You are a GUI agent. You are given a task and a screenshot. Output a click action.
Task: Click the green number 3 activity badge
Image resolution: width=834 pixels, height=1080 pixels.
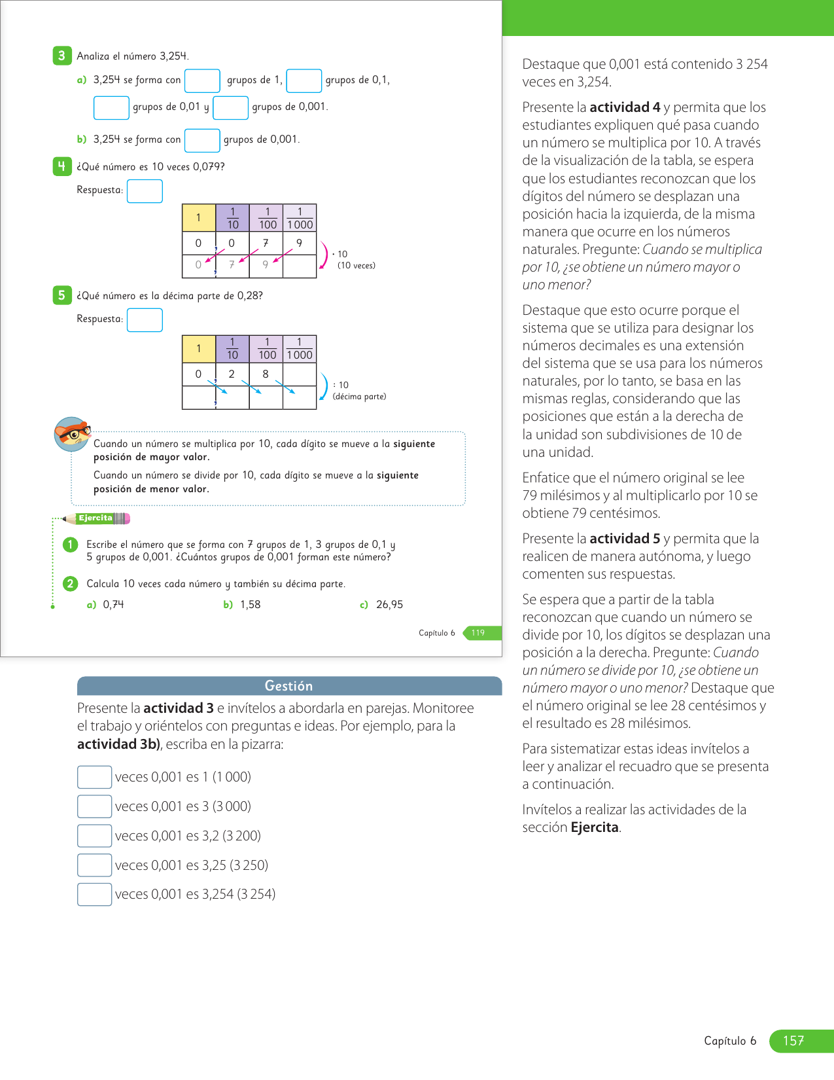click(x=61, y=56)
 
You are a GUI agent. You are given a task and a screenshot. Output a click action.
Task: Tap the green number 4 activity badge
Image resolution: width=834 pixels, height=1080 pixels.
click(x=61, y=166)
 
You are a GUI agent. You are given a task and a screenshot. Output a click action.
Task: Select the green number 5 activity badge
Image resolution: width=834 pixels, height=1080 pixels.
click(x=61, y=295)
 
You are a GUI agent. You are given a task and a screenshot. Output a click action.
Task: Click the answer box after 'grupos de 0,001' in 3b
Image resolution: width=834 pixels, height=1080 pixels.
click(x=202, y=140)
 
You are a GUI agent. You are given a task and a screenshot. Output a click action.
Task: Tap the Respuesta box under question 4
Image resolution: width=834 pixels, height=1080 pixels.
click(x=145, y=191)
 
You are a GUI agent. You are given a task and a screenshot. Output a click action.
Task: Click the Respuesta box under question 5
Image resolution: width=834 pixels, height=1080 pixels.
click(x=145, y=320)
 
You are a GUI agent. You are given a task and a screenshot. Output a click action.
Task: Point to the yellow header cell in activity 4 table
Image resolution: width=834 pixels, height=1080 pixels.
click(x=199, y=218)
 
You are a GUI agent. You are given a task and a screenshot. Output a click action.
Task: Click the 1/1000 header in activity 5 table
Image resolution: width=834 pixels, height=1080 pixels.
click(x=300, y=349)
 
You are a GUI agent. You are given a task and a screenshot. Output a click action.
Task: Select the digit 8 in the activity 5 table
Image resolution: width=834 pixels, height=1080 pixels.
click(x=266, y=374)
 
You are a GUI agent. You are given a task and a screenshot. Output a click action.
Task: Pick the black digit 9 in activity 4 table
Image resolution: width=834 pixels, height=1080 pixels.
click(x=300, y=243)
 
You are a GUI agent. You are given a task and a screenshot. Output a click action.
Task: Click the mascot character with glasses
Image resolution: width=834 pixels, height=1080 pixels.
click(x=72, y=434)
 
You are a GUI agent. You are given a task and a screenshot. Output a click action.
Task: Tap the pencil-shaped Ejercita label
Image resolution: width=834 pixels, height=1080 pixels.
click(x=97, y=518)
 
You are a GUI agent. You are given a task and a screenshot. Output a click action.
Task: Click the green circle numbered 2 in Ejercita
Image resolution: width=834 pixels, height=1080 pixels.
click(x=70, y=583)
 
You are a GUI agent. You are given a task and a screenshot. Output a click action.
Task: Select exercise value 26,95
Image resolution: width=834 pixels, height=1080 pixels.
click(x=389, y=605)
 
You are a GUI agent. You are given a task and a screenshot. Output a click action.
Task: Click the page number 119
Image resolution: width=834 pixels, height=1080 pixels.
click(x=478, y=633)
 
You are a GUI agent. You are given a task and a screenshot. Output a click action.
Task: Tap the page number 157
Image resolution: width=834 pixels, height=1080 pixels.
click(x=793, y=1041)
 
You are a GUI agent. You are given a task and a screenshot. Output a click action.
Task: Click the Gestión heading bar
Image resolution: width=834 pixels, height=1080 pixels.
click(x=289, y=685)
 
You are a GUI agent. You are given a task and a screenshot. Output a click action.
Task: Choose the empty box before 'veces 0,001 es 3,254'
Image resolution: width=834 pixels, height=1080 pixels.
click(x=94, y=894)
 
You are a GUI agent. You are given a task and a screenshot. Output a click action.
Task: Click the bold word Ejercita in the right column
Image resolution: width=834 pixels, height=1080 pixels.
click(x=595, y=827)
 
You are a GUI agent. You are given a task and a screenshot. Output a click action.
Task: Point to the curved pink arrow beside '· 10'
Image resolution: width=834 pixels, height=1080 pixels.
click(x=324, y=255)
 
